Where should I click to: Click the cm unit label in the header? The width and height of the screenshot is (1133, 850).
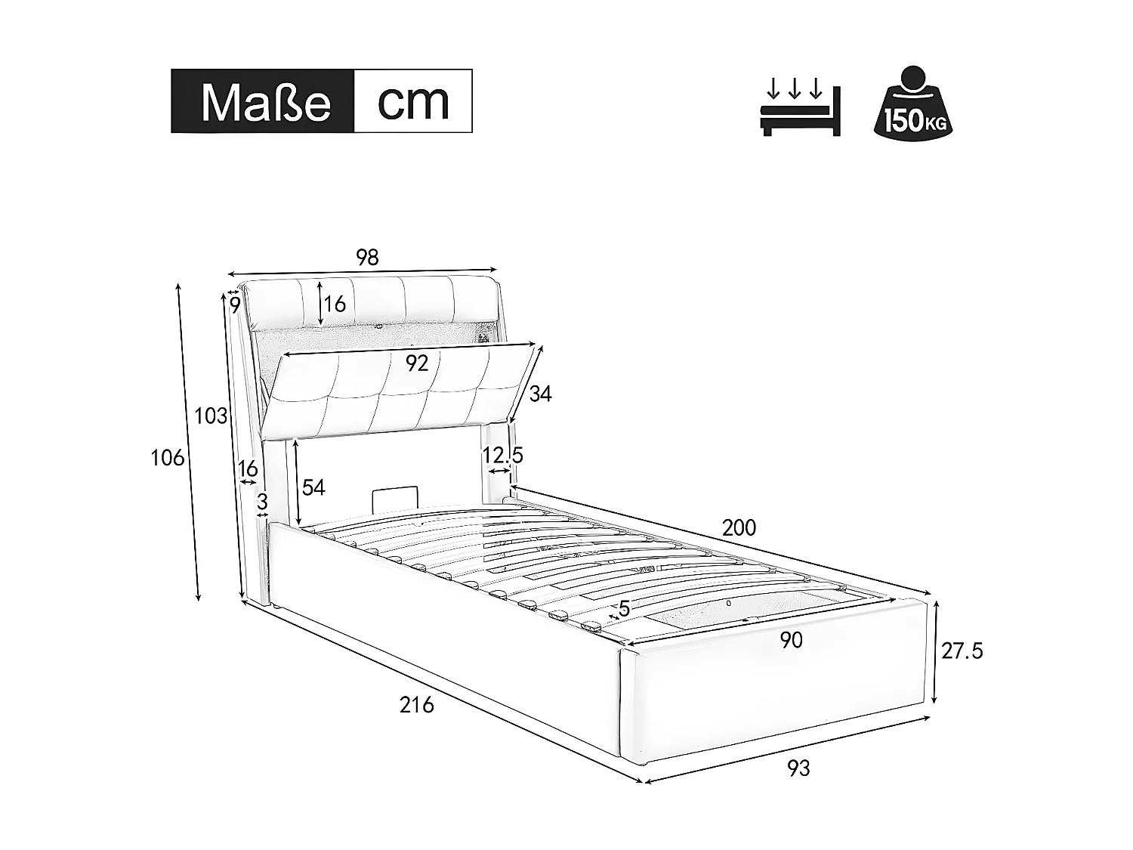pos(413,101)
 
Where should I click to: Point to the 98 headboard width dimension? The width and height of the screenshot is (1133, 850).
pos(366,258)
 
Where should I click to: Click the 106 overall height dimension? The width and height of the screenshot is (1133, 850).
pos(168,457)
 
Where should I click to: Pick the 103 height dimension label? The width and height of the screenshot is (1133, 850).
pos(211,416)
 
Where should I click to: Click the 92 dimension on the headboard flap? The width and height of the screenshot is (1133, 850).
pos(416,363)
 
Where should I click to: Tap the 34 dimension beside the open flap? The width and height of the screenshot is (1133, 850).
pos(540,394)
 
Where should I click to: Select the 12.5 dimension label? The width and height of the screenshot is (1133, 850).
pos(503,456)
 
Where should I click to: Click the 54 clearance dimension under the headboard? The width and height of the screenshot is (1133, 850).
pos(313,488)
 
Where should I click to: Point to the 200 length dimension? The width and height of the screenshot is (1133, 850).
pos(739,527)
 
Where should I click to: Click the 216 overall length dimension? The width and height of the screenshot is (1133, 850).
pos(417,705)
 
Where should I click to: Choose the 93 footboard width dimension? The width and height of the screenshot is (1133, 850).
pos(798,768)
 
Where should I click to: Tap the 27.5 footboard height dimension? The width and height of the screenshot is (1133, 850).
pos(962,651)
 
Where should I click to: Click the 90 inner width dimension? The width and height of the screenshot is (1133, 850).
pos(791,641)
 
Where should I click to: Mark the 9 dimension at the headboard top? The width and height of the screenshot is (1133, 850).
pos(235,305)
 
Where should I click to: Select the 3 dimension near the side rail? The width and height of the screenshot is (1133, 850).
pos(262,502)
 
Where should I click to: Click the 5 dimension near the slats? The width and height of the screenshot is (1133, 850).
pos(624,608)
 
